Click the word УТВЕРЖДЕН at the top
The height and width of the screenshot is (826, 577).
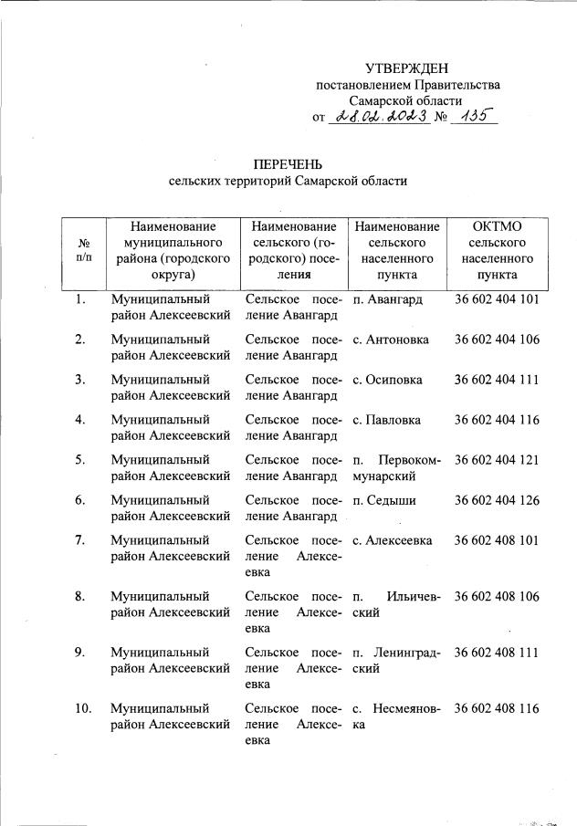pos(407,68)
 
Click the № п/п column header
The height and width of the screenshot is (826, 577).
pos(83,250)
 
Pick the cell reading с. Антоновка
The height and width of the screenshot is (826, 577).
pos(390,340)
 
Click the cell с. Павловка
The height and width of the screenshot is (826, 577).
pos(386,420)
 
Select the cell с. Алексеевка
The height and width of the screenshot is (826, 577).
pos(393,540)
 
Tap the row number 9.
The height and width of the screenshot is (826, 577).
pos(80,653)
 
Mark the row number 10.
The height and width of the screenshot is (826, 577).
pos(83,708)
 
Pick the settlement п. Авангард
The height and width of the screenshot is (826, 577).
pos(387,299)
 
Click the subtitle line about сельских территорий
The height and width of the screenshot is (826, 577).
pos(288,182)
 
